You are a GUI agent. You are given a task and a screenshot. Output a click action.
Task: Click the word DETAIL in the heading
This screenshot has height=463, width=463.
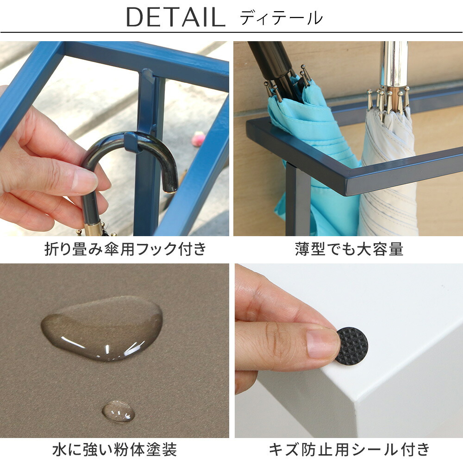pos(175,17)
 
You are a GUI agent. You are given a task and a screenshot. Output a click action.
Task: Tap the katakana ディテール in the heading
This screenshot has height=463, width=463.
pos(281,18)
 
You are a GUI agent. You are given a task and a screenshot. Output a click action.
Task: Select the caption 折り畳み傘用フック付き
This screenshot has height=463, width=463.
pos(125,249)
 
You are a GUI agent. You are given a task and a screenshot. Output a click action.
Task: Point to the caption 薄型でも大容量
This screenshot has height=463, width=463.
pos(349,249)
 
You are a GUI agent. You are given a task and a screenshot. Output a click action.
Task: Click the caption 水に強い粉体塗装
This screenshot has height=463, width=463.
pos(114,450)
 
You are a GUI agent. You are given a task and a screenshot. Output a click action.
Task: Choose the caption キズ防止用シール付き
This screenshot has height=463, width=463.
pos(349,450)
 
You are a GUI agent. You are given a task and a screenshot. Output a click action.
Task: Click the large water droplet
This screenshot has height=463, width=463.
pos(102,328)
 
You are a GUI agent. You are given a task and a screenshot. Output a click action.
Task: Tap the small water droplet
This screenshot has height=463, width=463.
pos(119,411)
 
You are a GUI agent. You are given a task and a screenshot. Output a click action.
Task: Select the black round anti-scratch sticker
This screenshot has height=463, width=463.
pos(352,345)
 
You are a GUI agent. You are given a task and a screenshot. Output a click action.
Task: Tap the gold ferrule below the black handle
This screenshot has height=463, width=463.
pos(93,230)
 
